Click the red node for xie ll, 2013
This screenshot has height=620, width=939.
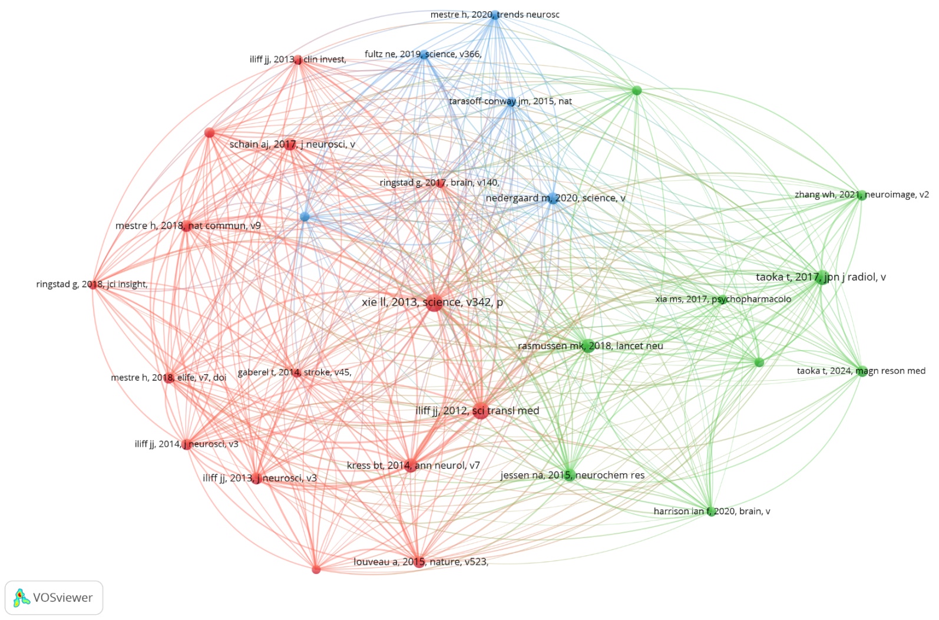tap(434, 302)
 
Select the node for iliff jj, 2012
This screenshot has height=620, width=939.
tap(480, 411)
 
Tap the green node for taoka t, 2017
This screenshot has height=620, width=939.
tap(821, 277)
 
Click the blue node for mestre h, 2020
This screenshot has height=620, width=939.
tap(495, 15)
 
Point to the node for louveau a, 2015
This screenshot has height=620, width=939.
tap(418, 562)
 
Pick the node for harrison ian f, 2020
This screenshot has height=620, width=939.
tap(711, 512)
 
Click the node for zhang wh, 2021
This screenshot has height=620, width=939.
tap(861, 195)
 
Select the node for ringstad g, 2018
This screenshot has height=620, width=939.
tap(93, 285)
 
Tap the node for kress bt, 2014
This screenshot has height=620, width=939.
tap(411, 466)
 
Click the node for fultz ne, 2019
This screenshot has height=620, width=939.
tap(424, 55)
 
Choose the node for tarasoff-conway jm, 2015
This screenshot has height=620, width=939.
tap(511, 101)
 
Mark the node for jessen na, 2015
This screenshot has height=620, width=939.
tap(568, 474)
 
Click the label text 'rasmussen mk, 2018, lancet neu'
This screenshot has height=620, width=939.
tap(590, 346)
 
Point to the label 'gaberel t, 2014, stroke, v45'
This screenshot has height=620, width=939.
tap(294, 372)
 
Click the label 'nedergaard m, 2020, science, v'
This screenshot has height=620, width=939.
tap(555, 198)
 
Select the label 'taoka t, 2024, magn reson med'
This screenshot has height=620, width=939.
tap(861, 371)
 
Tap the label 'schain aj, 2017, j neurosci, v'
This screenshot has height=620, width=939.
tap(292, 144)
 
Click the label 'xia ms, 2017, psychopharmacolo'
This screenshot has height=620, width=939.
tap(723, 299)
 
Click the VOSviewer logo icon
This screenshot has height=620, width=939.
tap(21, 598)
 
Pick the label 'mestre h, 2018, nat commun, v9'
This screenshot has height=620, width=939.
tap(188, 226)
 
